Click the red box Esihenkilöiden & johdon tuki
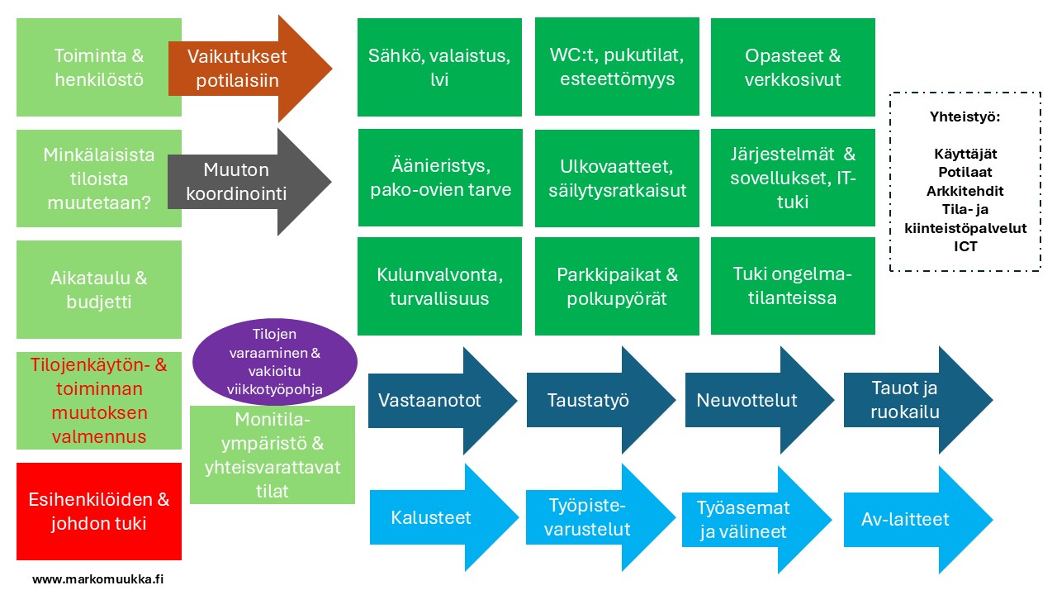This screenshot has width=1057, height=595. (99, 511)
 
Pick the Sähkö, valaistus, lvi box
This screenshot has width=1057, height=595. (439, 67)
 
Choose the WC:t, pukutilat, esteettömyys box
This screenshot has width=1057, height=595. (617, 67)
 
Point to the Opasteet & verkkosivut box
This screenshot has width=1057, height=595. (793, 67)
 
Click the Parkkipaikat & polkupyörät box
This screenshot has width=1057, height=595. (617, 286)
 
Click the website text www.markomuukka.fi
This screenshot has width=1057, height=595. (97, 579)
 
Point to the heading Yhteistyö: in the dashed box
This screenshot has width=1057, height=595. (964, 117)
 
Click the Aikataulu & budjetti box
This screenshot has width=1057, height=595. (99, 289)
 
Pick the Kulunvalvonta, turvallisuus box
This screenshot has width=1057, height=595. (439, 286)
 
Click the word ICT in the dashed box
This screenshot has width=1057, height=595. (964, 247)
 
